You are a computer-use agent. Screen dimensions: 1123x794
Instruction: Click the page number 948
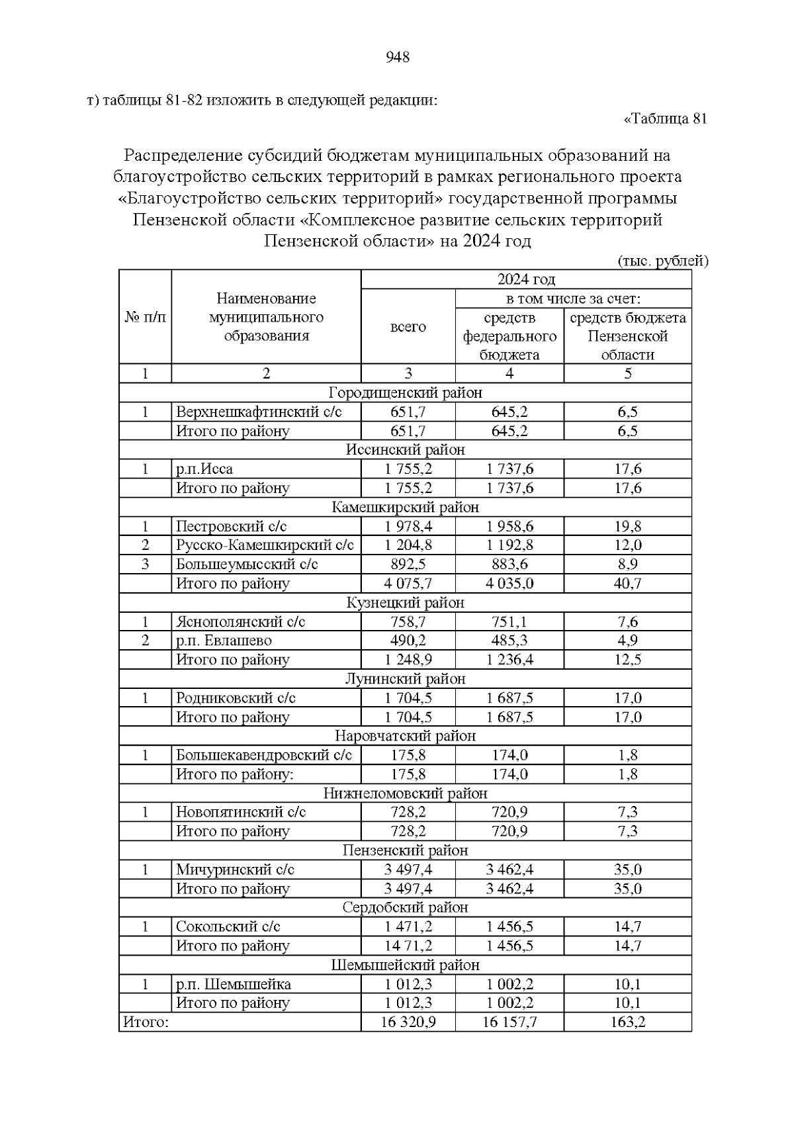tap(397, 58)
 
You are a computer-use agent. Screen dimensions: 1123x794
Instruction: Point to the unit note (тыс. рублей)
tap(662, 261)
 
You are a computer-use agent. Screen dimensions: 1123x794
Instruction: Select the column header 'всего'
tap(408, 327)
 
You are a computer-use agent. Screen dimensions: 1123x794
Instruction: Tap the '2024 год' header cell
tap(526, 279)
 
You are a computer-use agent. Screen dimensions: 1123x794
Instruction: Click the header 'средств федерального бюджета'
tap(509, 336)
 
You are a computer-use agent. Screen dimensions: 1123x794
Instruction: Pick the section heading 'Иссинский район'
tap(405, 450)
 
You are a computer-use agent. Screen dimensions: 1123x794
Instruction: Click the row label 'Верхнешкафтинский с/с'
tap(259, 412)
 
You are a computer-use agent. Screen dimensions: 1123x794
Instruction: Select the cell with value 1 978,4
tap(408, 527)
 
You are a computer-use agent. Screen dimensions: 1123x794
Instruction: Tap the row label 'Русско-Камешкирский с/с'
tap(265, 545)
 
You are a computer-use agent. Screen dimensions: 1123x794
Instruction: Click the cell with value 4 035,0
tap(509, 584)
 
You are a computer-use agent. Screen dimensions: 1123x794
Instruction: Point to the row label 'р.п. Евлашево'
tap(224, 641)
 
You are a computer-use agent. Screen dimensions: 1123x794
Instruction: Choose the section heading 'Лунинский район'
tap(405, 679)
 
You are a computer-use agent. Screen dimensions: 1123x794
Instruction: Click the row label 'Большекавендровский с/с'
tap(263, 755)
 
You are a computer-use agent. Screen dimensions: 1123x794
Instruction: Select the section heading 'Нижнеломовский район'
tap(405, 793)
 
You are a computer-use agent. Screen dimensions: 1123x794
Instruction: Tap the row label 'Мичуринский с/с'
tap(235, 870)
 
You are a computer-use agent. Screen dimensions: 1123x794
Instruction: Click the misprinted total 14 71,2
tap(408, 946)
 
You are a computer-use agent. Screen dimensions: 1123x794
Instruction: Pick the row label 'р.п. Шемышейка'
tap(233, 984)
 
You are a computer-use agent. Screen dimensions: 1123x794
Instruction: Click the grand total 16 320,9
tap(408, 1022)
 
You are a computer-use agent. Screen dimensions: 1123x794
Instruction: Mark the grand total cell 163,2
tap(627, 1022)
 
